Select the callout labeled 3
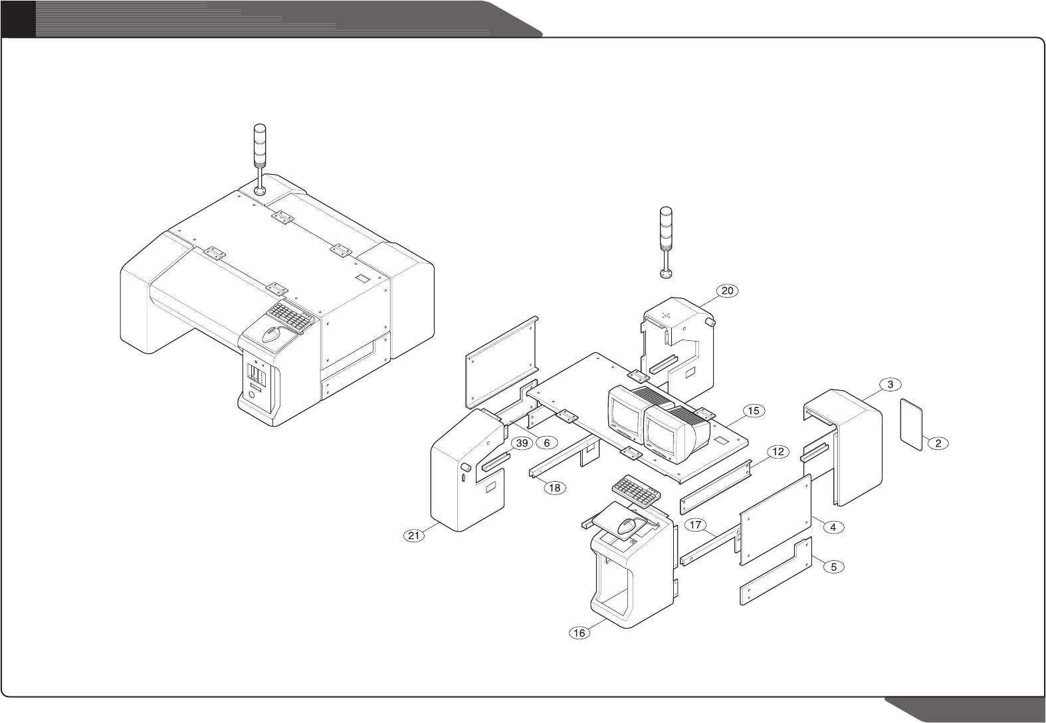(x=890, y=384)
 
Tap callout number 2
(x=938, y=444)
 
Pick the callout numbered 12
(x=778, y=452)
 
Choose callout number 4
(x=834, y=527)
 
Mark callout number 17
(x=696, y=526)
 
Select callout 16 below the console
(x=579, y=633)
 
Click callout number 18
(x=555, y=488)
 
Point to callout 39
(x=522, y=443)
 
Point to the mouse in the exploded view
(x=627, y=528)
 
